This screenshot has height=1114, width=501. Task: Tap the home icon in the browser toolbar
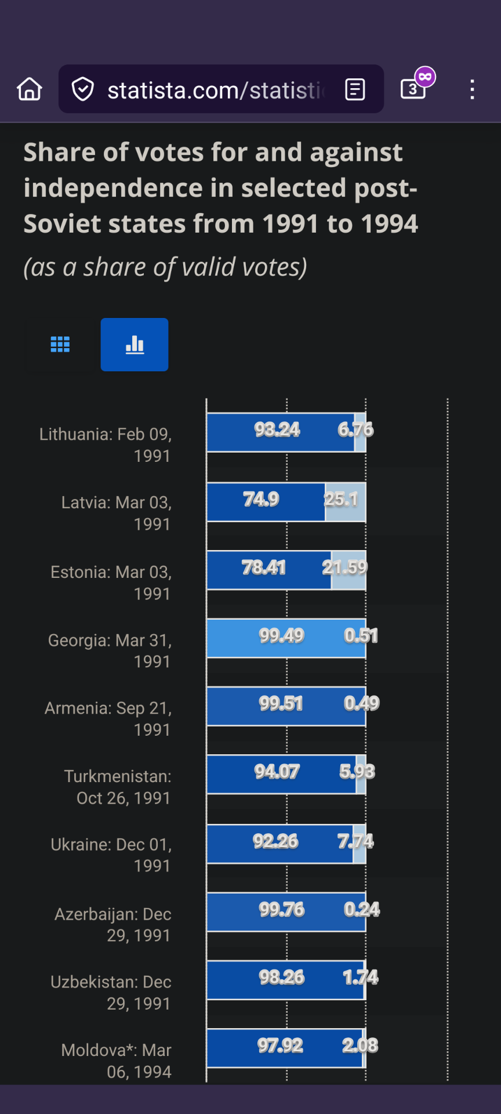[x=30, y=89]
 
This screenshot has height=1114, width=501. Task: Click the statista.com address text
[x=215, y=90]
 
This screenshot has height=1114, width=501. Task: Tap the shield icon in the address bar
[x=83, y=89]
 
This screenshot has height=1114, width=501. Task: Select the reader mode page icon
[x=355, y=89]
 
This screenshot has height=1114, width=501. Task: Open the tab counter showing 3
[x=413, y=89]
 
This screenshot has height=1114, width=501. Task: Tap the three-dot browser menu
[x=473, y=89]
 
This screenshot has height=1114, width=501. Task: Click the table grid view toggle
[x=60, y=345]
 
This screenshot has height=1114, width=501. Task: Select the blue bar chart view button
[x=135, y=345]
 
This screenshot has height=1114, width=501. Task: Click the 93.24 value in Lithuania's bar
[x=277, y=430]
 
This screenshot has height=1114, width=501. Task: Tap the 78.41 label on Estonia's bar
[x=264, y=567]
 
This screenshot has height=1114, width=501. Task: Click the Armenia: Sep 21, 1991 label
[x=108, y=719]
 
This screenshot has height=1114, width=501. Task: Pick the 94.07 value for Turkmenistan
[x=277, y=772]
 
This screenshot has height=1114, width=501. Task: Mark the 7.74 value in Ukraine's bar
[x=356, y=841]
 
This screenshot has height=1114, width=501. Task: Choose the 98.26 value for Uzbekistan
[x=282, y=978]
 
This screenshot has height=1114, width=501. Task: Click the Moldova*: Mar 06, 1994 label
[x=117, y=1061]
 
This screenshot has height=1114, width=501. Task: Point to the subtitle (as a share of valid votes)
[x=165, y=267]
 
